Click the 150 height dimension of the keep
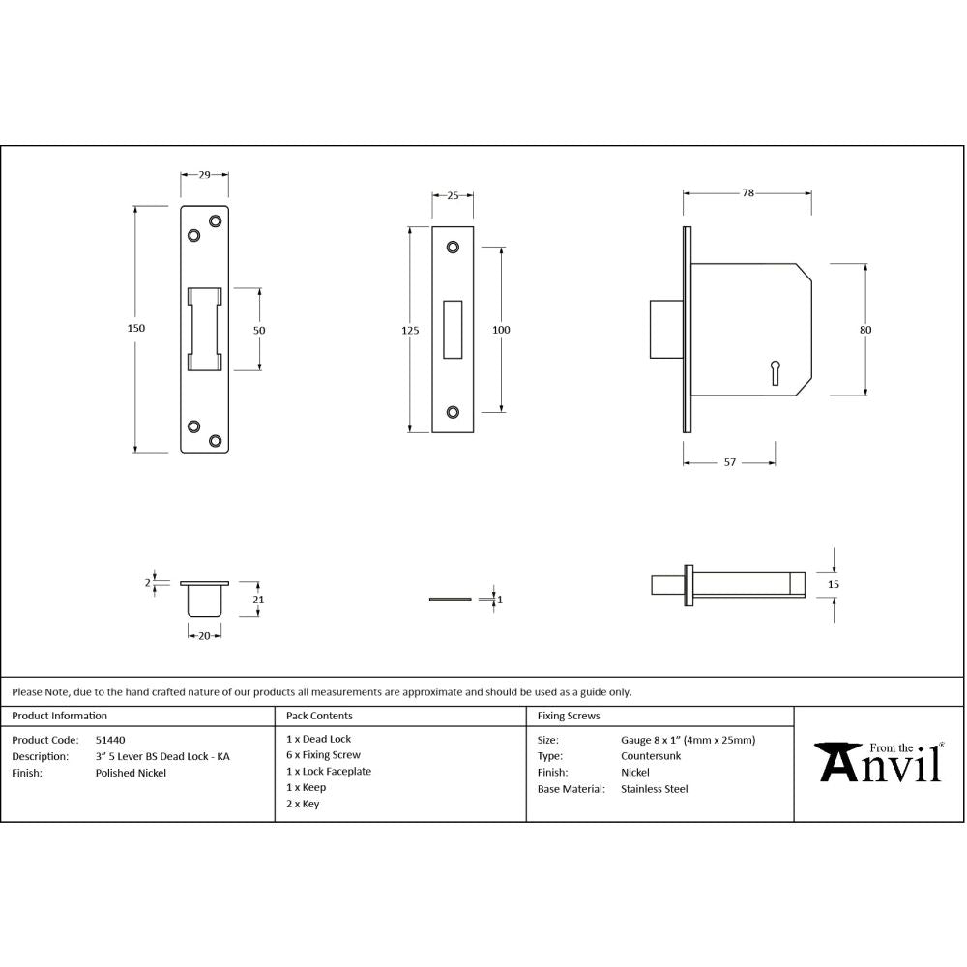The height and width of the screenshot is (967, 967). tap(136, 329)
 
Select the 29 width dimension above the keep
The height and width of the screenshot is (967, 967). tap(205, 175)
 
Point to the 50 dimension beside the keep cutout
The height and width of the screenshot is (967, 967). tap(259, 330)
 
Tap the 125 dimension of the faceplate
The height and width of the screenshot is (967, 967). tap(410, 331)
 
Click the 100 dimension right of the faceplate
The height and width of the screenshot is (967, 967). tap(501, 331)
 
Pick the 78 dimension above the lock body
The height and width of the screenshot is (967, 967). tap(747, 193)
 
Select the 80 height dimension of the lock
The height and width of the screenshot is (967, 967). tap(865, 330)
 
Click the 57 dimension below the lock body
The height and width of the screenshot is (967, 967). tap(730, 463)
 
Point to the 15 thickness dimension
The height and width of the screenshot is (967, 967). tap(835, 584)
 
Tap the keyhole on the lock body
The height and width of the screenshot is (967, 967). tap(775, 371)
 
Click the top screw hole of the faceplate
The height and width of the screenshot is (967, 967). tap(453, 248)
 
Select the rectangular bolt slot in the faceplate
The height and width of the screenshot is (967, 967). tap(453, 330)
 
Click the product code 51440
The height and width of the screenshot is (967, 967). tap(109, 740)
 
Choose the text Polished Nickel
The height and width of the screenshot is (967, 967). tap(131, 773)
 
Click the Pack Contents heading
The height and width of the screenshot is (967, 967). tap(319, 717)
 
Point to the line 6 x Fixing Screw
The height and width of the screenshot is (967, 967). tap(323, 755)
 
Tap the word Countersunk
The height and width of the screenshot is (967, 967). tap(651, 756)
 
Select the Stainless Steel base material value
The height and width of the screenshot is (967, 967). tap(655, 789)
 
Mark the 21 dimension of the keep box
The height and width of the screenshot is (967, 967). tap(258, 600)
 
